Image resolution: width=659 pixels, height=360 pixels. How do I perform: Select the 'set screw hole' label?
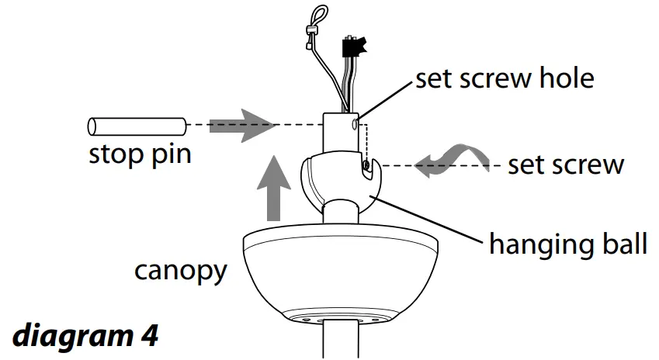[505, 80]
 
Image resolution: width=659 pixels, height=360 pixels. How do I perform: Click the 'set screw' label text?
[565, 165]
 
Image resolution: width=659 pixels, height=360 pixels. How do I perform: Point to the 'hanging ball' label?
[567, 244]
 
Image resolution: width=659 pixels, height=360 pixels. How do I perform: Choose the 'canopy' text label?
[181, 271]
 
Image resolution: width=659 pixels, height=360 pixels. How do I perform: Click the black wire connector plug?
[353, 48]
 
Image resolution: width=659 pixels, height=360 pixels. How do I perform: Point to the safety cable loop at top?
[317, 18]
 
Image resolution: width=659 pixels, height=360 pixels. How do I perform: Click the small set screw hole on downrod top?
[355, 123]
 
